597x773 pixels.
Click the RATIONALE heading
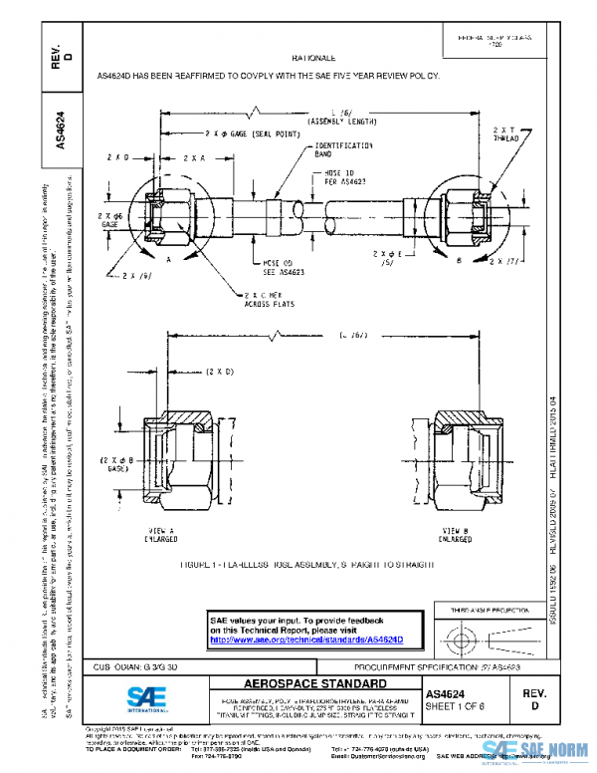[314, 59]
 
